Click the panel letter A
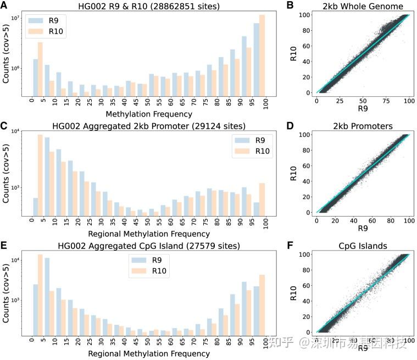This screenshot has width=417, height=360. [4, 5]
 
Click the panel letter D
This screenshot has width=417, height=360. [290, 126]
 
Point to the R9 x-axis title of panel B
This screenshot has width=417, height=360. [363, 109]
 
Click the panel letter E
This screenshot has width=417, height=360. [4, 245]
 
